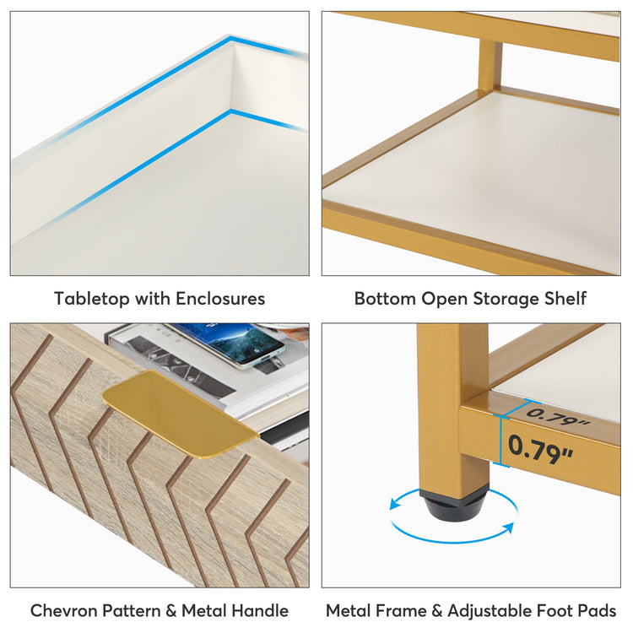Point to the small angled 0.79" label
(558, 417)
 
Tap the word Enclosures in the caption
(220, 299)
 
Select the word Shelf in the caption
(565, 299)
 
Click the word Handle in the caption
(260, 610)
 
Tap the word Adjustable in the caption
(493, 610)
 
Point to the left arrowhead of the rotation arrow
(394, 506)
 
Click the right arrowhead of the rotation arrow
(508, 528)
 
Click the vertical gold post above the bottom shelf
(490, 63)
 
